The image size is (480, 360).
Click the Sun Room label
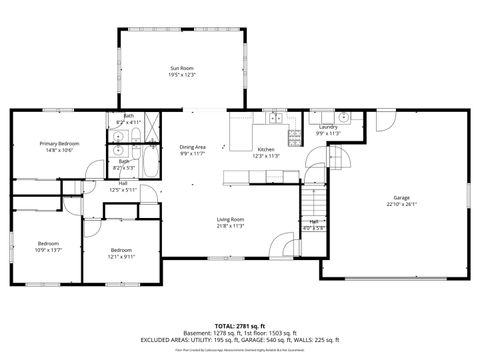(181, 68)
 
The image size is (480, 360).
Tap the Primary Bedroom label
(59, 143)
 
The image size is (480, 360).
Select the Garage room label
(401, 197)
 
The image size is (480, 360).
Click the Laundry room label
(328, 127)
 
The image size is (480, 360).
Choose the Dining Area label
(192, 147)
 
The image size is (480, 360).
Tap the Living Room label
(231, 219)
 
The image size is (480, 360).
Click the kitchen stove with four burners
(294, 135)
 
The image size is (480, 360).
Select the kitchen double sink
(272, 119)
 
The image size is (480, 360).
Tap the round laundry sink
(343, 117)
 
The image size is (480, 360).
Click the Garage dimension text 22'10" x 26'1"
(401, 204)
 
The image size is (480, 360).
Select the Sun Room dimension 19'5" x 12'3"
(181, 75)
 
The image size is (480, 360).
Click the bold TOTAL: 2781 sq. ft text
(240, 326)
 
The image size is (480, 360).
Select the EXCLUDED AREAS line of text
(240, 340)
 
